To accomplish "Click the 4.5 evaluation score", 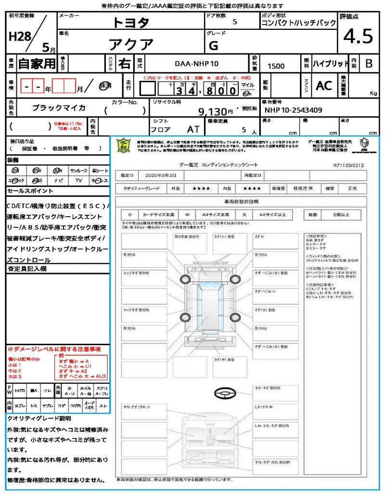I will (358, 37).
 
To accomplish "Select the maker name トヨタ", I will (131, 23).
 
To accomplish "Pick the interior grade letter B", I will (369, 64).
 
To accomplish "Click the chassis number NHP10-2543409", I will (293, 110).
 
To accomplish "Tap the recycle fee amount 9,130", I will (216, 112).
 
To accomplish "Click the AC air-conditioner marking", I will (324, 86).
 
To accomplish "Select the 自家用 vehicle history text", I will (37, 64).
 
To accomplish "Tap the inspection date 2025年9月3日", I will (156, 175).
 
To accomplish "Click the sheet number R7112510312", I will (348, 165).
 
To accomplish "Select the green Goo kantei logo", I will (124, 145).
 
